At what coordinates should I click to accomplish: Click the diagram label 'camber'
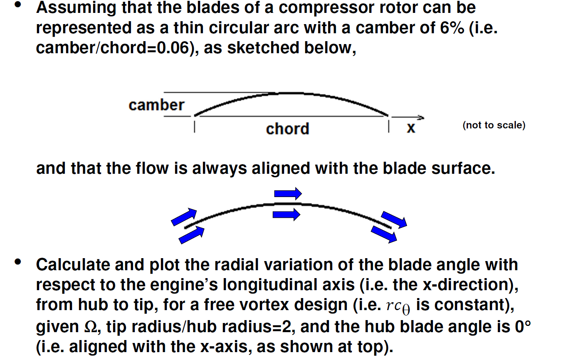pos(156,105)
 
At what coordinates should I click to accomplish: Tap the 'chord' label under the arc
pos(287,129)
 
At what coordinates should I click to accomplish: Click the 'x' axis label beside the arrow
pos(411,128)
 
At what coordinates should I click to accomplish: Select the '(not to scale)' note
pos(494,125)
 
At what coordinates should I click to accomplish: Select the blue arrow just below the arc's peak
pos(287,215)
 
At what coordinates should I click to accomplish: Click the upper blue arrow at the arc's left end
pos(183,217)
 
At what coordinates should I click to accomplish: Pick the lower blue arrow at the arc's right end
pos(384,234)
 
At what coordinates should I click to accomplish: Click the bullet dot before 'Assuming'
pos(17,6)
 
